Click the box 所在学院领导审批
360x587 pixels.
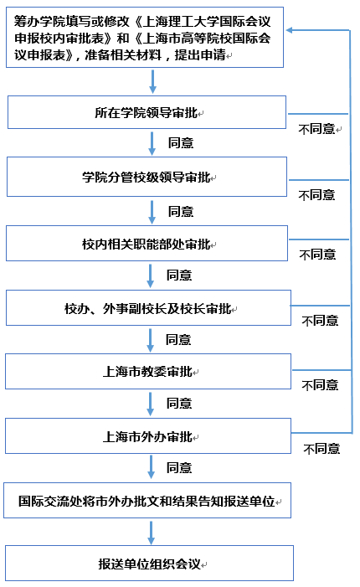click(x=147, y=112)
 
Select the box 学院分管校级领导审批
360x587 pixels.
click(x=147, y=177)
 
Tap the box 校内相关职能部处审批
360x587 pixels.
click(x=147, y=244)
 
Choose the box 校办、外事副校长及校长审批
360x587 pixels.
click(x=148, y=307)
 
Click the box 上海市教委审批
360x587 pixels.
click(x=148, y=371)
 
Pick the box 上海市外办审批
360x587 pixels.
click(x=148, y=435)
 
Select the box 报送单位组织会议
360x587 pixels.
click(x=149, y=563)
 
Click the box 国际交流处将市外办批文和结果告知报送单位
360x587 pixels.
click(x=147, y=501)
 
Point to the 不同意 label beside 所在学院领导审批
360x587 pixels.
click(x=316, y=129)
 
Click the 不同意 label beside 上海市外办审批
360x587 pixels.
click(x=321, y=449)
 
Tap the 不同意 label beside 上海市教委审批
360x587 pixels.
click(x=320, y=385)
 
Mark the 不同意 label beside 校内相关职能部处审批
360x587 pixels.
click(x=317, y=255)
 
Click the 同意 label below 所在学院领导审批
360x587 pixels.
click(x=181, y=142)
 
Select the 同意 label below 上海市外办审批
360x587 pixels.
click(x=179, y=467)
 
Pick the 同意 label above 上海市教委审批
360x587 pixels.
click(x=178, y=339)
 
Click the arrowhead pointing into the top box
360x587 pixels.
click(x=289, y=30)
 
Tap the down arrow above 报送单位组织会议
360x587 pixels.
click(x=152, y=533)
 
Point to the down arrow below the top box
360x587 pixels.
click(x=152, y=81)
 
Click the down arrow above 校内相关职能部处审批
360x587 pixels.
click(x=152, y=212)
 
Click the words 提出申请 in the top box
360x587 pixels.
click(x=200, y=55)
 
